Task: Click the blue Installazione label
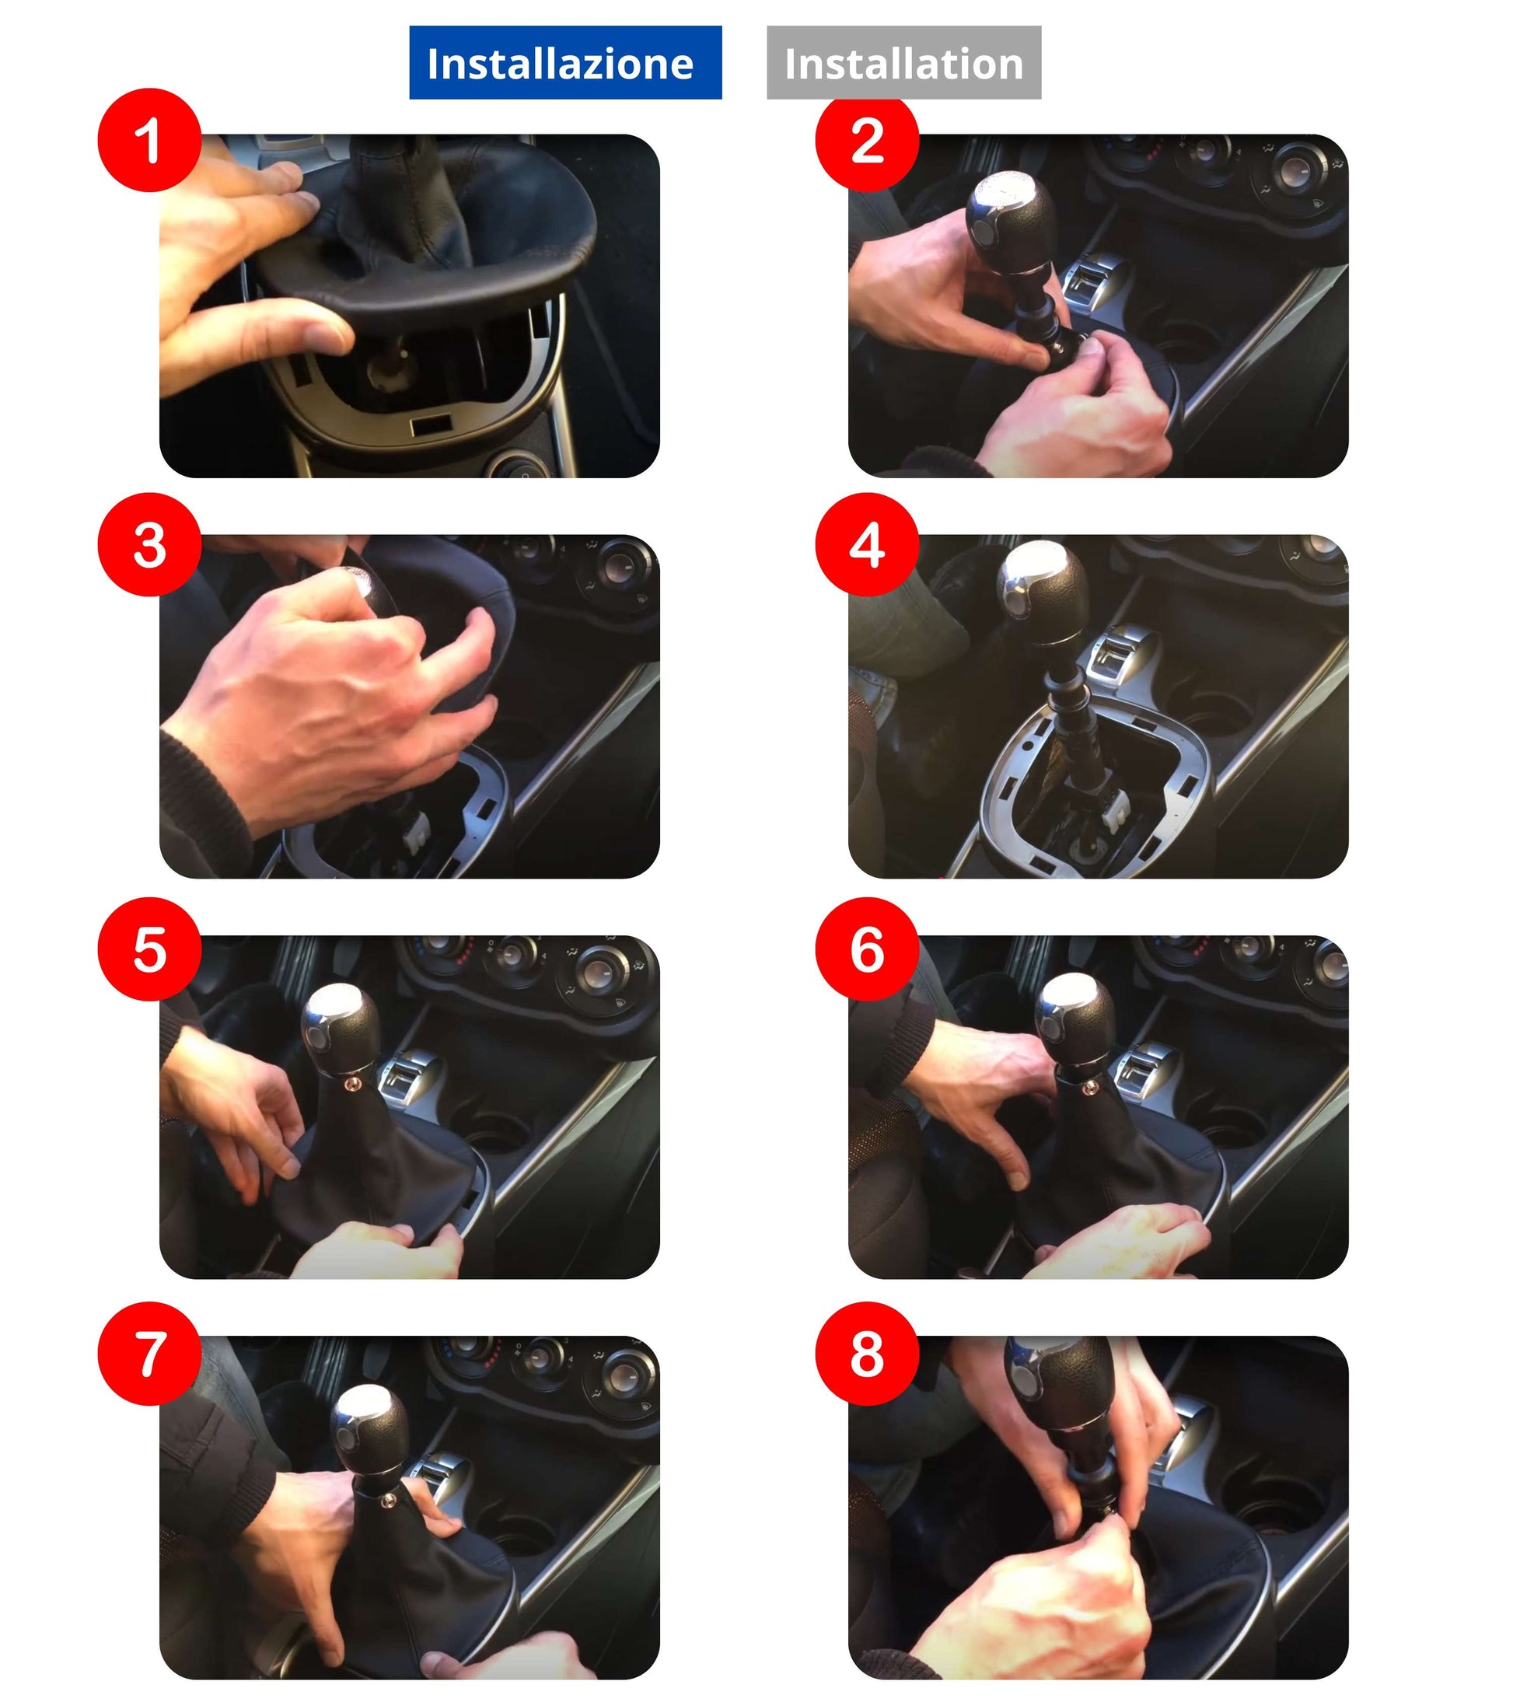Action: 565,63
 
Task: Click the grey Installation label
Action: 904,63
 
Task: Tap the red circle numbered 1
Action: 150,141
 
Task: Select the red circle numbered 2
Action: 868,141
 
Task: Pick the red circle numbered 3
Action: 150,545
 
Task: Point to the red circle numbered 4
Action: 868,545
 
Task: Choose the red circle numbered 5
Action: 150,950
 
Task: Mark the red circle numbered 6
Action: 868,950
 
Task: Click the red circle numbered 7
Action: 150,1354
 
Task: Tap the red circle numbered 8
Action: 868,1354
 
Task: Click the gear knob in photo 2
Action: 1012,221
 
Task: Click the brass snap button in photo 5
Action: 353,1083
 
